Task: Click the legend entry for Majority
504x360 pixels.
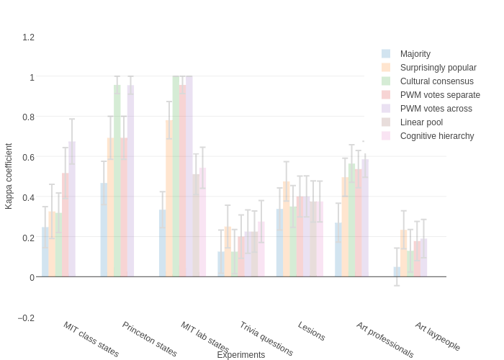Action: [x=415, y=54]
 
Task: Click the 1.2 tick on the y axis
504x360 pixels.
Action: [x=28, y=37]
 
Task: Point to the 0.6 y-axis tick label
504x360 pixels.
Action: [x=28, y=157]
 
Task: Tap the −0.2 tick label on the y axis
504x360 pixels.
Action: [x=26, y=318]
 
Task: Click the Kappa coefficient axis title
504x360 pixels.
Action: [x=9, y=176]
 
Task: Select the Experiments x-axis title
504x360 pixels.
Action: [x=241, y=355]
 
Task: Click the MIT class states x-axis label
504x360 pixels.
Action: [x=91, y=339]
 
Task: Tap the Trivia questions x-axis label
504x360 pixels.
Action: [x=266, y=339]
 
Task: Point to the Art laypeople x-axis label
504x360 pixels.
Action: [x=437, y=336]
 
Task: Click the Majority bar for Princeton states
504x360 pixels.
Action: [x=104, y=230]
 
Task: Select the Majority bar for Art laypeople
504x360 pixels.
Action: [x=397, y=271]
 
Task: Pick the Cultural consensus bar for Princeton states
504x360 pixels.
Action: [x=117, y=181]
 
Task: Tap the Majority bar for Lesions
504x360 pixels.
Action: [x=279, y=243]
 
